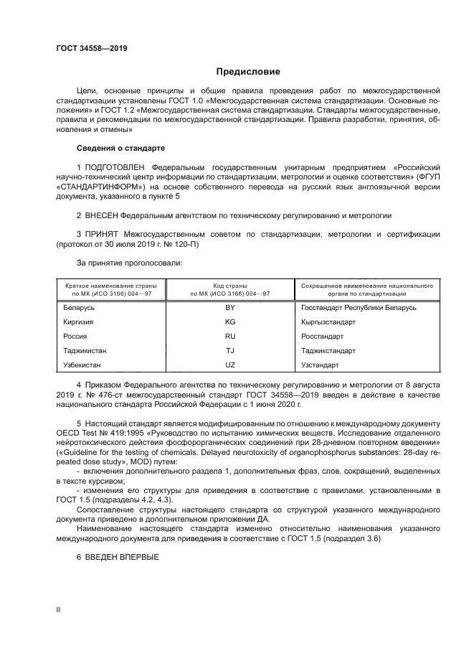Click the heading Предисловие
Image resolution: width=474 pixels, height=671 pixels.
click(x=248, y=72)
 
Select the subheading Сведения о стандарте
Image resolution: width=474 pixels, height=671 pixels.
click(x=120, y=148)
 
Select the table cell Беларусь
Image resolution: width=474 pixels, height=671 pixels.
click(x=79, y=307)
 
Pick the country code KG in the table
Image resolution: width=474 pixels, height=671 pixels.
click(x=230, y=322)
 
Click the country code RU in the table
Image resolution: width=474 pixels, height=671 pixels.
click(x=230, y=337)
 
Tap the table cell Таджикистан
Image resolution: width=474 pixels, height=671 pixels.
click(x=86, y=351)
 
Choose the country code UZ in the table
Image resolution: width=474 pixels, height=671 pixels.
click(x=230, y=365)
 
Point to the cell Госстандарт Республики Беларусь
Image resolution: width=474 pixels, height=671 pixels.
click(x=359, y=307)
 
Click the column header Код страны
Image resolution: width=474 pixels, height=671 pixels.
click(x=230, y=285)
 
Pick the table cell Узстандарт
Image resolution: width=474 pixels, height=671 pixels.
click(x=321, y=365)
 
